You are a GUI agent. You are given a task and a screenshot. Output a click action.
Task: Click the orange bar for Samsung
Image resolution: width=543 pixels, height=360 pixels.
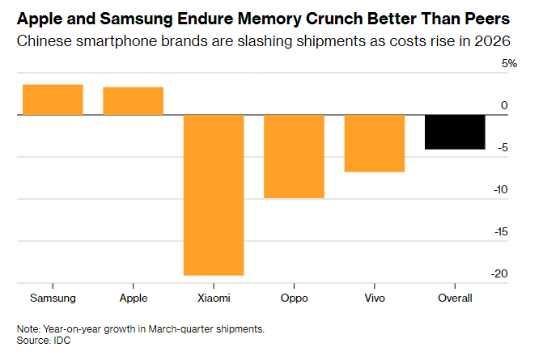pyautogui.click(x=53, y=100)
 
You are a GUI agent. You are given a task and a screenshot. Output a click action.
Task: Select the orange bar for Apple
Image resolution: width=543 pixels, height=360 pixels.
pyautogui.click(x=133, y=100)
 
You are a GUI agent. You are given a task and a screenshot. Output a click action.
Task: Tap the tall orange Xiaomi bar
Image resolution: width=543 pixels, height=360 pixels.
pyautogui.click(x=214, y=194)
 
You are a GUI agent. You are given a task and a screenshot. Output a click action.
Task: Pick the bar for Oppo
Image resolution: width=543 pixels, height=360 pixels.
pyautogui.click(x=295, y=156)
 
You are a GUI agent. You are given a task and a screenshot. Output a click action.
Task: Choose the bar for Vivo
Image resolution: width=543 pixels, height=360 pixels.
pyautogui.click(x=375, y=143)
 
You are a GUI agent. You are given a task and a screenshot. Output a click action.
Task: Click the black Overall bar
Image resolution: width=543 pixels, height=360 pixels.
pyautogui.click(x=456, y=132)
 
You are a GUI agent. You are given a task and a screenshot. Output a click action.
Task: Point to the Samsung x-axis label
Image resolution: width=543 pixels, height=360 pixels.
pyautogui.click(x=52, y=298)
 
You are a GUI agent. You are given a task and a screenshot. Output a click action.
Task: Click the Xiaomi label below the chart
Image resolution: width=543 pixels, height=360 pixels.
pyautogui.click(x=214, y=298)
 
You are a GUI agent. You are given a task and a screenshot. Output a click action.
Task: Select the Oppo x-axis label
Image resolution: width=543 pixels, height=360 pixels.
pyautogui.click(x=295, y=298)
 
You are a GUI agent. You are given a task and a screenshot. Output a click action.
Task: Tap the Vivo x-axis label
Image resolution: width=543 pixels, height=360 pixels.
pyautogui.click(x=375, y=298)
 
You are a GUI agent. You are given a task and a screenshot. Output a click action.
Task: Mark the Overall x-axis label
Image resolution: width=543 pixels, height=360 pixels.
pyautogui.click(x=456, y=298)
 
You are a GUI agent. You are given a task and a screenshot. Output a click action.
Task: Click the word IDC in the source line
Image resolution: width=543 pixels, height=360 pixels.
pyautogui.click(x=62, y=340)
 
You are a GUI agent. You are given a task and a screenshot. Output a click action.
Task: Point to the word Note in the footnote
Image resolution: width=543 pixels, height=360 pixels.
pyautogui.click(x=28, y=328)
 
